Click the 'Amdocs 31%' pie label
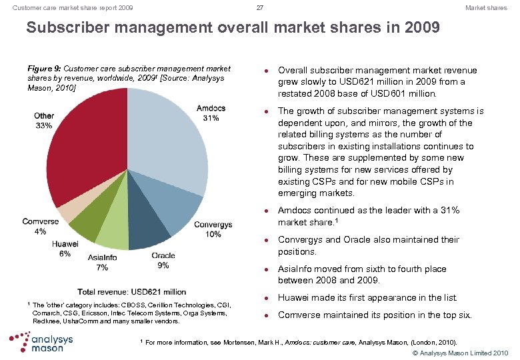coord(211,113)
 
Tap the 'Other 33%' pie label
coord(44,121)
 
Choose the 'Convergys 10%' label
coord(213,229)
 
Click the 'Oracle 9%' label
coord(163,260)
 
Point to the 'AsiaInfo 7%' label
coord(102,263)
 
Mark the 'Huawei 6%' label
coord(65,248)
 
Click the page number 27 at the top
coord(260,8)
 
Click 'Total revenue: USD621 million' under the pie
coord(132,291)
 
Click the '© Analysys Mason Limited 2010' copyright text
coord(461,352)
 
